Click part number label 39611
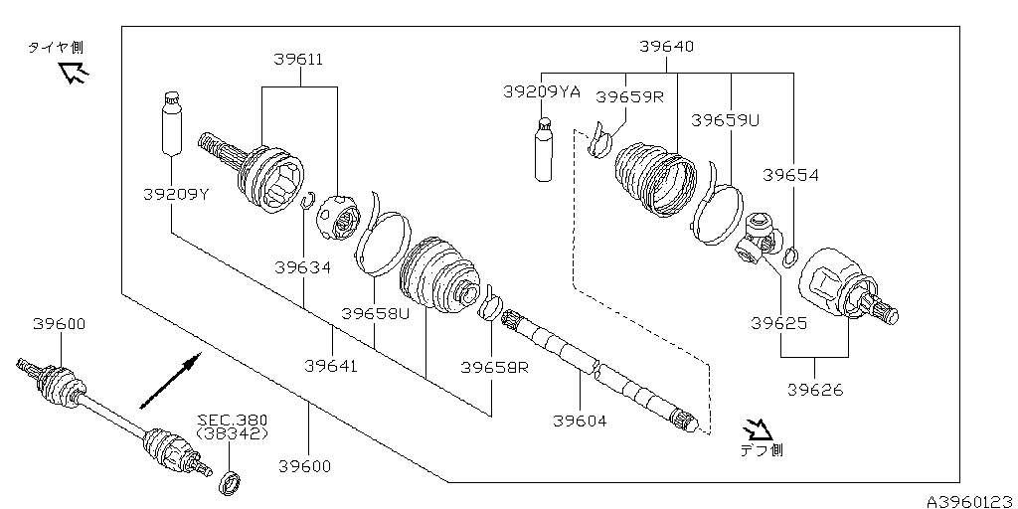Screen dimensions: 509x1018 [298, 61]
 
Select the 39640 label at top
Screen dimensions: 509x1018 [666, 47]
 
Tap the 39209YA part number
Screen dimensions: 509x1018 [541, 91]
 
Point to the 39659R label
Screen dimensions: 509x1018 [628, 96]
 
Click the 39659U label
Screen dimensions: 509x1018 [725, 120]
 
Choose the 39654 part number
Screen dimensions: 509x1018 [790, 175]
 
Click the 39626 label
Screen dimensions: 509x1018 [814, 390]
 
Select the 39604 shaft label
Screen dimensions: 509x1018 [580, 421]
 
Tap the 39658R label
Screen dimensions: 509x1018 [494, 367]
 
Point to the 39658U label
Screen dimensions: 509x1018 [375, 313]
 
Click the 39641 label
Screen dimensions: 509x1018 [331, 366]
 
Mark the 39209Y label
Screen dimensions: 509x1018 [174, 194]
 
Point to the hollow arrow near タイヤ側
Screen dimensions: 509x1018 [73, 73]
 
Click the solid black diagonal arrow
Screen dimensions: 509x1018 [170, 381]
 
